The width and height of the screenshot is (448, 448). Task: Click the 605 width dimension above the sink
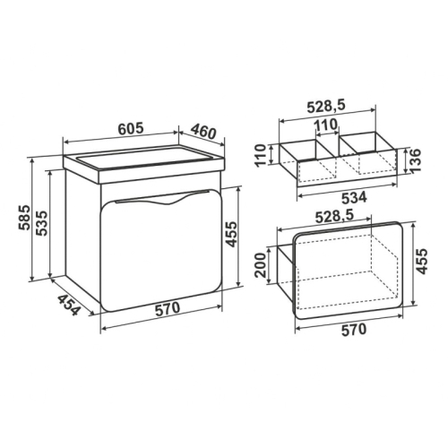(131, 128)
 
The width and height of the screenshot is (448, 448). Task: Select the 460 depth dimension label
(203, 132)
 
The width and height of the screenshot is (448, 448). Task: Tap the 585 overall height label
(24, 218)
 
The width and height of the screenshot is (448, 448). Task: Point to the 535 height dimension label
(41, 223)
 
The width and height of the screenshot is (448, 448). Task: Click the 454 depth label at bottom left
(69, 306)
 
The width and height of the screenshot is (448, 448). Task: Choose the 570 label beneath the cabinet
(168, 308)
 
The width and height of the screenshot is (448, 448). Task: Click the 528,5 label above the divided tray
(326, 106)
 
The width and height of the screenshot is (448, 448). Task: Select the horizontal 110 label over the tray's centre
(326, 125)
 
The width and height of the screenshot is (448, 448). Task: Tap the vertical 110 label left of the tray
(261, 156)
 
